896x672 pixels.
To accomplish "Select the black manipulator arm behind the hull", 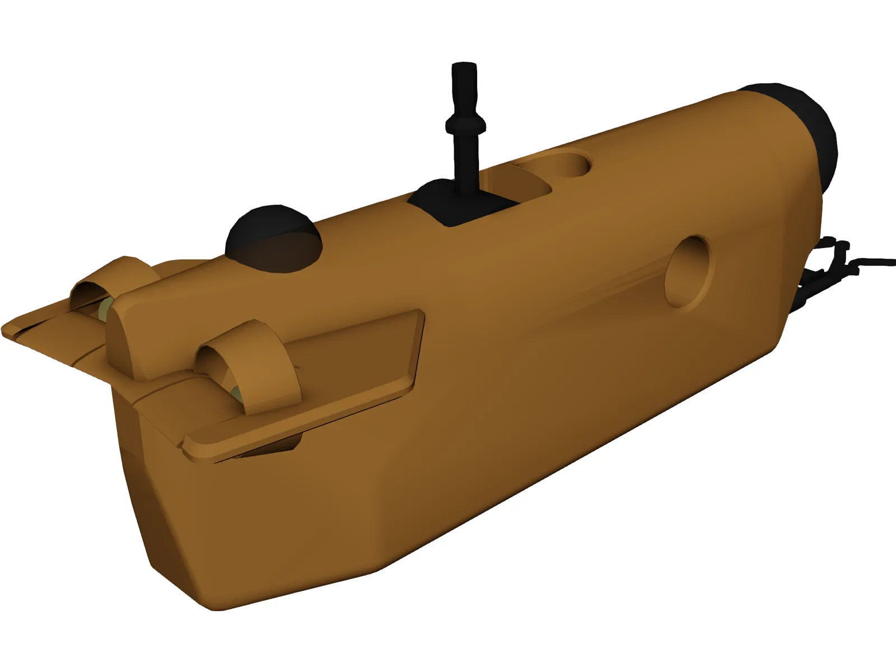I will coord(823,269).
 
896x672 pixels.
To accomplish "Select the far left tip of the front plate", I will coord(6,328).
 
